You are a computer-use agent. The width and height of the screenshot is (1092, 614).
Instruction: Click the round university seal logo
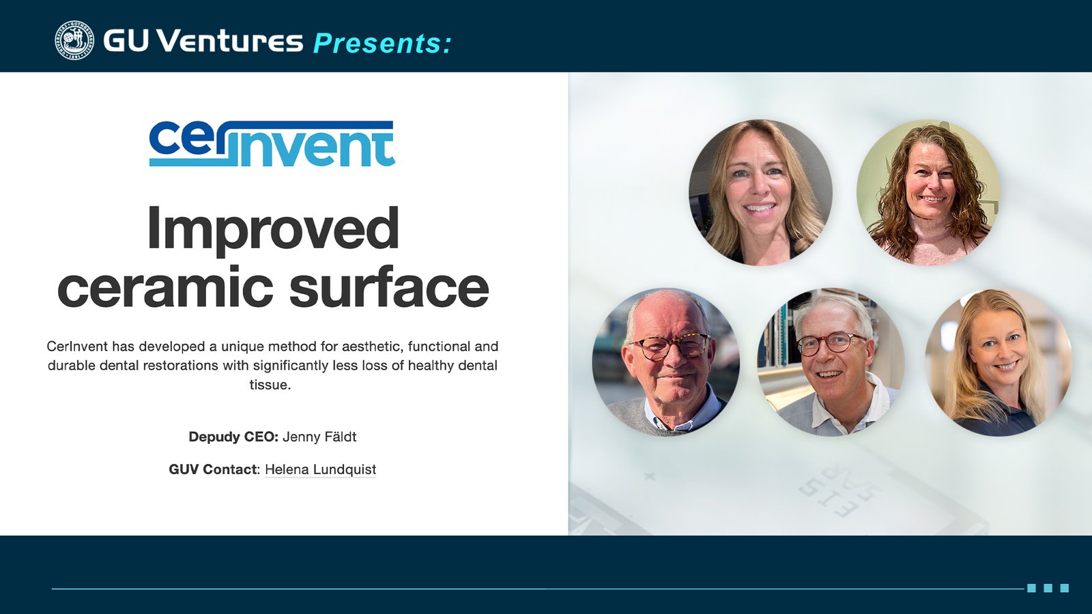pos(74,40)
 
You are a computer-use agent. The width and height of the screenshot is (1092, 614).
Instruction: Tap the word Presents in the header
pos(382,44)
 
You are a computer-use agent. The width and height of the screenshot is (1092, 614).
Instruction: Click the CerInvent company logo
pos(272,144)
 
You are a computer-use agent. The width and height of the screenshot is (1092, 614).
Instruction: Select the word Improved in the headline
pos(273,229)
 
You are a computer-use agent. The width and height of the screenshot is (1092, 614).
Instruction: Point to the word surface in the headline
pos(389,287)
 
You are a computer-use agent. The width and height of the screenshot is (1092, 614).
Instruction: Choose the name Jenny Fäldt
pos(319,437)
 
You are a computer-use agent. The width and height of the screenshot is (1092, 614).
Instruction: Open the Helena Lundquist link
pos(320,469)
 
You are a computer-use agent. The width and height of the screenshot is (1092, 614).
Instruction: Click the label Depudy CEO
pos(233,437)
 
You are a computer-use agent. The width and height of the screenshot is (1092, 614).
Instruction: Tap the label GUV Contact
pos(214,469)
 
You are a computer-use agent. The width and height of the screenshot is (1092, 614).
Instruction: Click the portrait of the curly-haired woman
pos(928,192)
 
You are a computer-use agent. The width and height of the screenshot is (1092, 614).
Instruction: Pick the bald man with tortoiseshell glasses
pos(665,362)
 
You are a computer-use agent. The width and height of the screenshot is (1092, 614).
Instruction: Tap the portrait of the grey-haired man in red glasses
pos(831,362)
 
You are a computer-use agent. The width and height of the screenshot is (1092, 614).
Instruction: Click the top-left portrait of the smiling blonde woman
pos(760,192)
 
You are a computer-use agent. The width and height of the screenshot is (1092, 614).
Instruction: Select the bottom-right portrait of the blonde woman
pos(998,362)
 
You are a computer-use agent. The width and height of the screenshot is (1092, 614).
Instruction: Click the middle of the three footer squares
pos(1048,588)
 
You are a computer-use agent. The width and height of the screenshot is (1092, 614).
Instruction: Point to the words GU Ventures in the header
pos(203,41)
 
